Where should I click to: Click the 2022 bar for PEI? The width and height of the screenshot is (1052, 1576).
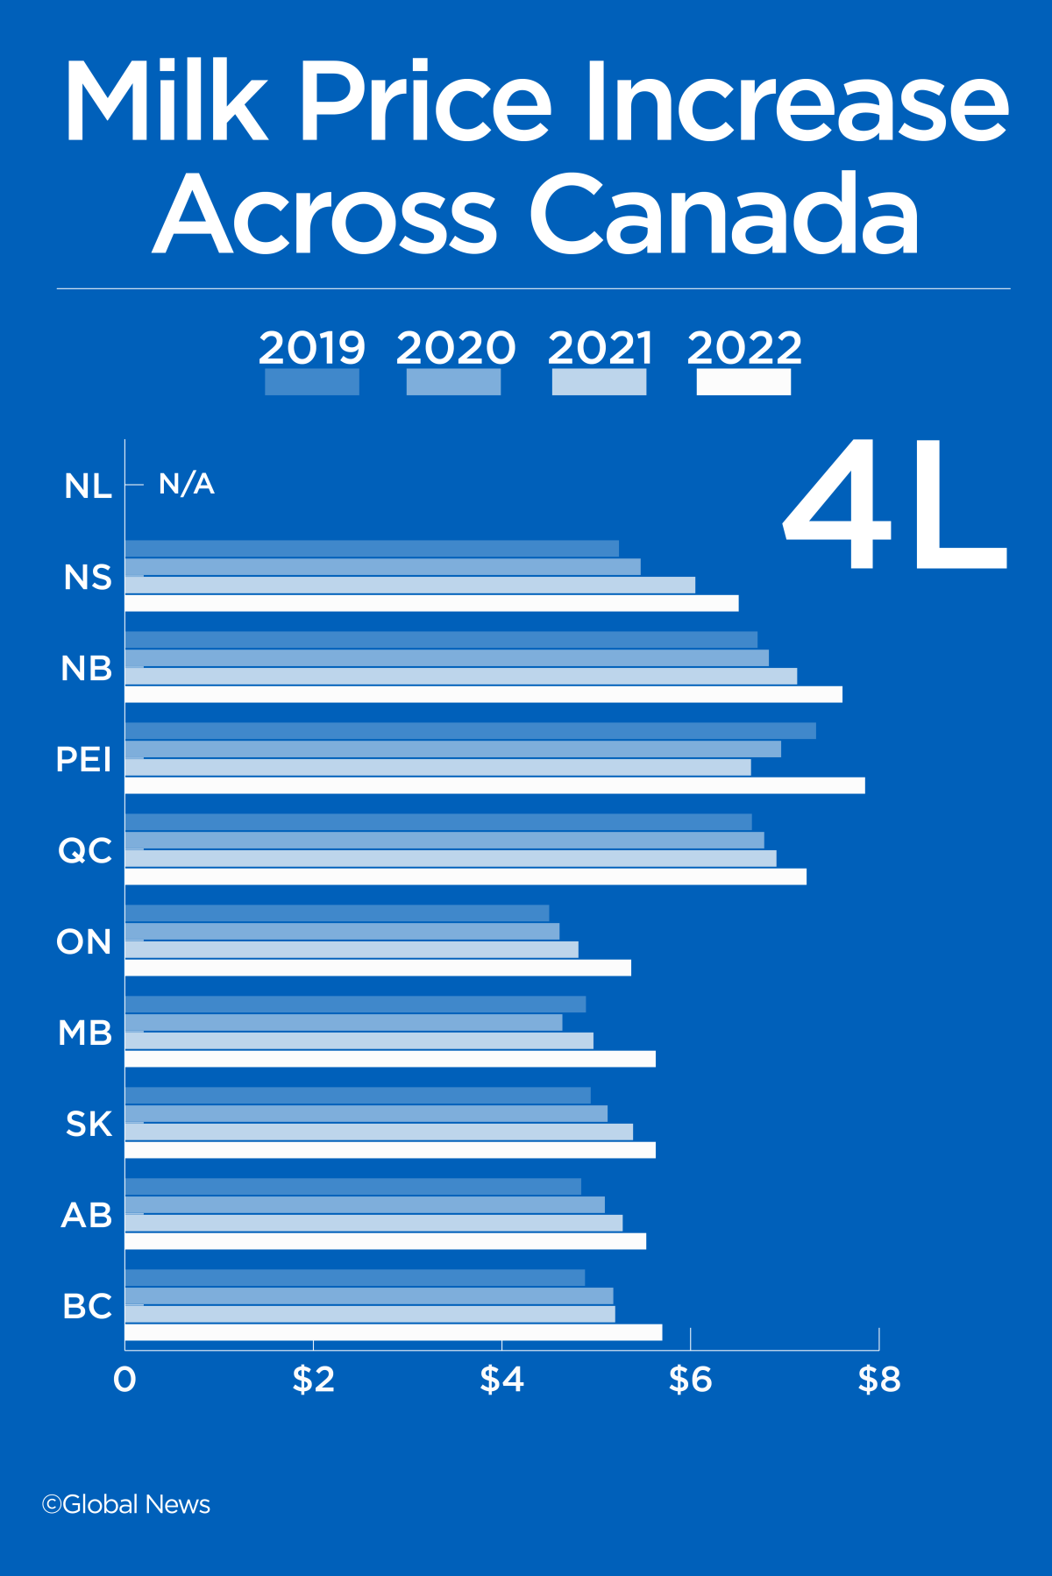[494, 785]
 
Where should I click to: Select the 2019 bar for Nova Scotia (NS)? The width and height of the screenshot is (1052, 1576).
[372, 549]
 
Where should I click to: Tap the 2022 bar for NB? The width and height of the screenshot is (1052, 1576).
[484, 694]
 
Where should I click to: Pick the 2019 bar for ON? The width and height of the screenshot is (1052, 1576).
[338, 913]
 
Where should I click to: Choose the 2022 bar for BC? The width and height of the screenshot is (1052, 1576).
[394, 1332]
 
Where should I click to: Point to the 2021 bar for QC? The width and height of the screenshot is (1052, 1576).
[451, 858]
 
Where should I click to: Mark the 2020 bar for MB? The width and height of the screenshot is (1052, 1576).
[344, 1023]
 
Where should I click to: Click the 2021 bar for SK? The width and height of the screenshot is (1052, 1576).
[379, 1132]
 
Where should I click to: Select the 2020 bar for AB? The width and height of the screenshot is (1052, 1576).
[365, 1204]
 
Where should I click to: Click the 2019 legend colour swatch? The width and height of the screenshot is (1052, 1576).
[312, 382]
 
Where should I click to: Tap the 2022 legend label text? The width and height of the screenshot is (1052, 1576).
[744, 348]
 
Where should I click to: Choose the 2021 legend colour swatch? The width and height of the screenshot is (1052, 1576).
[599, 382]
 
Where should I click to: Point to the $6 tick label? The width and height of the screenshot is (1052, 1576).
[690, 1380]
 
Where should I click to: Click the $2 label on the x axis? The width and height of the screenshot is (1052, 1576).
[313, 1380]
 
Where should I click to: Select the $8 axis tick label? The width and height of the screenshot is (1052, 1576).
[878, 1380]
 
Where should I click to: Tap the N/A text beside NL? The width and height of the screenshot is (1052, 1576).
[187, 484]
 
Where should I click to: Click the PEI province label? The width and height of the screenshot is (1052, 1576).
[84, 759]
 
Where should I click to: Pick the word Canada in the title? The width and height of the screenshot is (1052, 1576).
[723, 215]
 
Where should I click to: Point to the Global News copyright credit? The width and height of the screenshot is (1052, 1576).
[126, 1504]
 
